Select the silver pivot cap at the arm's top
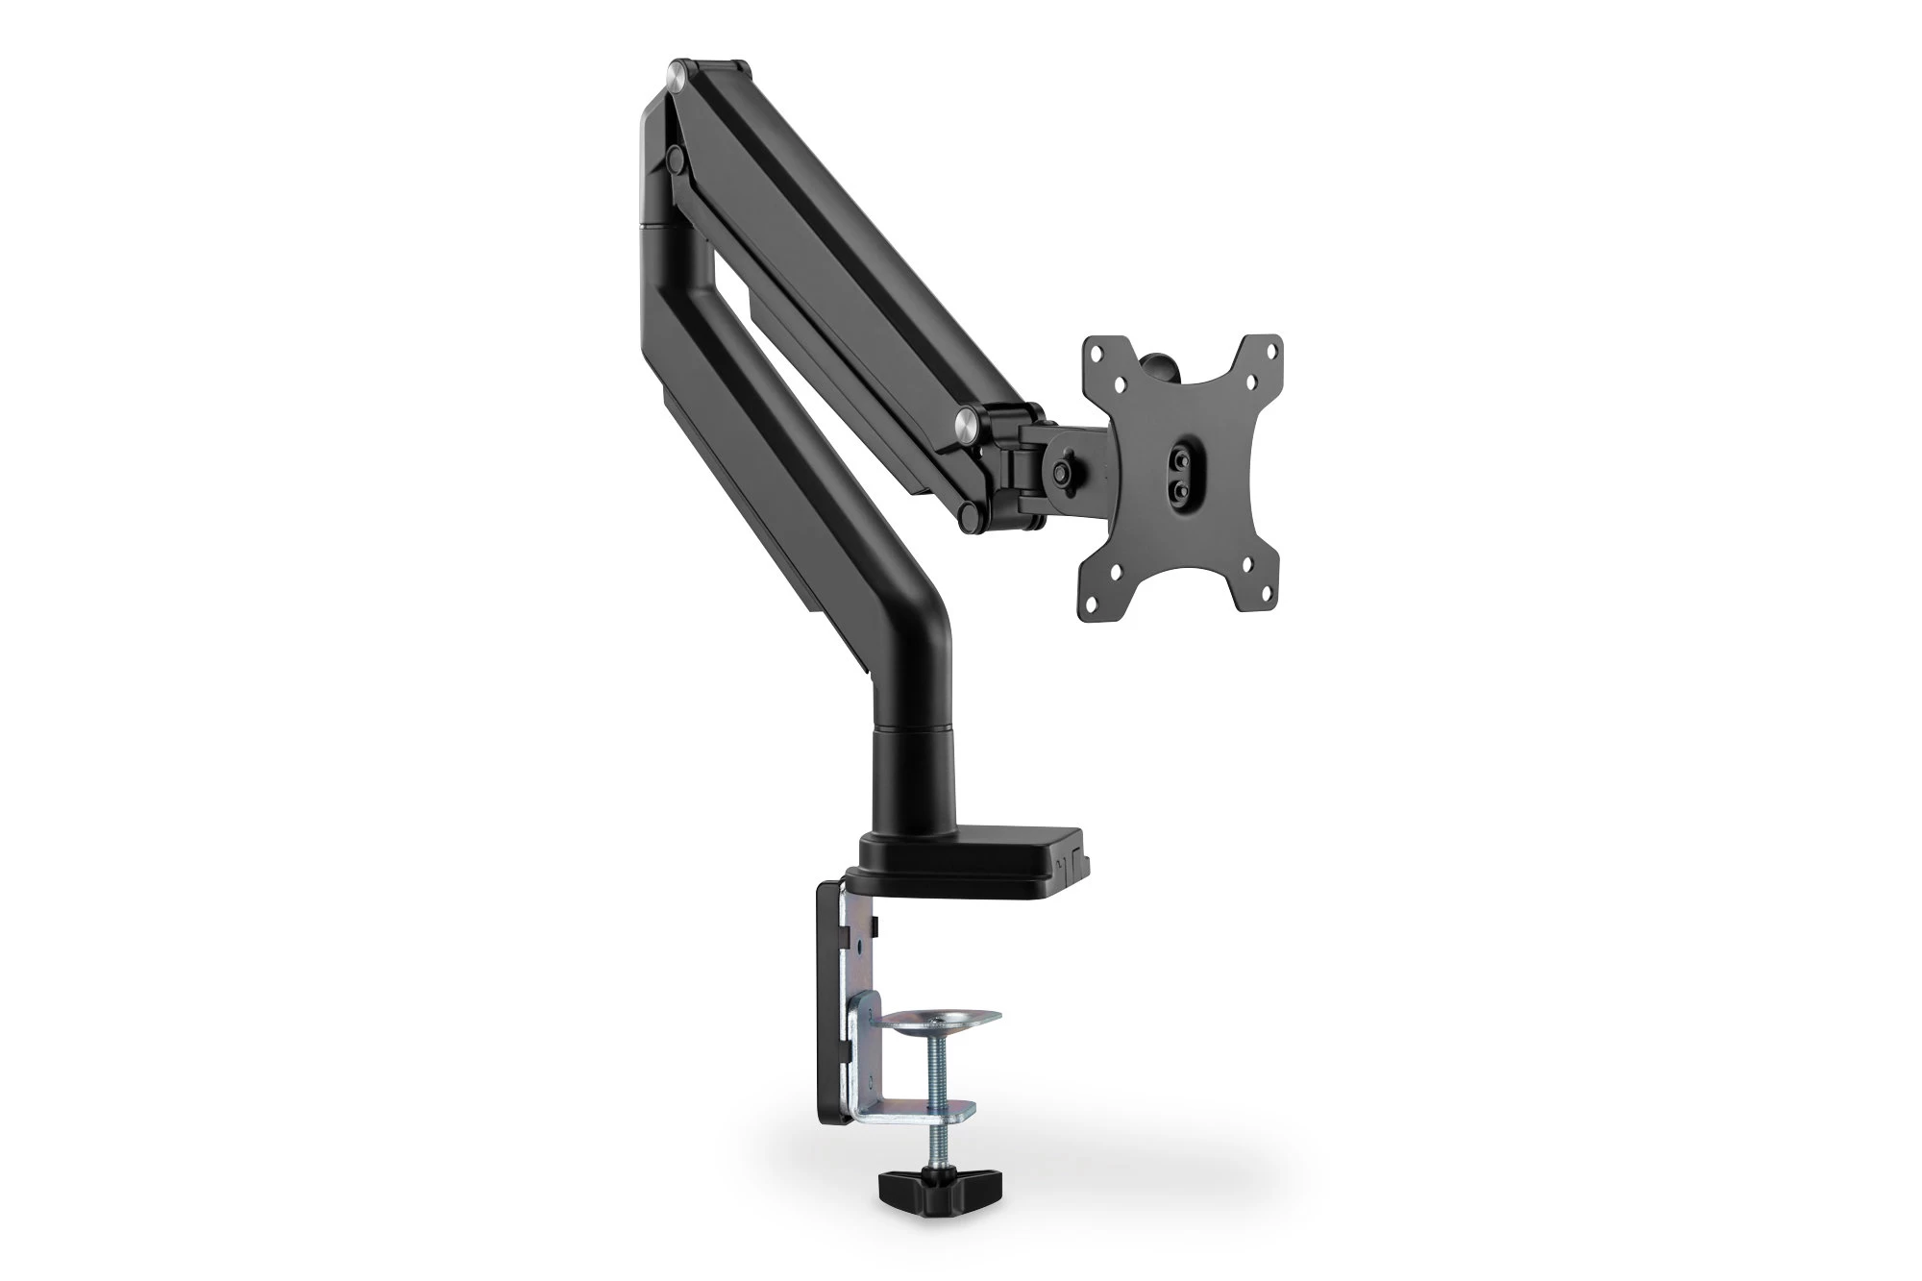click(680, 73)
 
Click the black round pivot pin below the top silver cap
click(676, 154)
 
